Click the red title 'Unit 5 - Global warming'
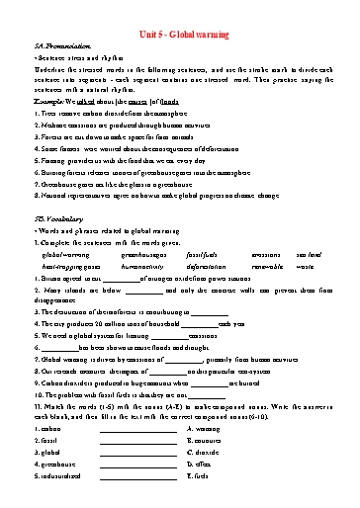pos(180,33)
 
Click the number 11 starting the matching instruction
pos(39,406)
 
